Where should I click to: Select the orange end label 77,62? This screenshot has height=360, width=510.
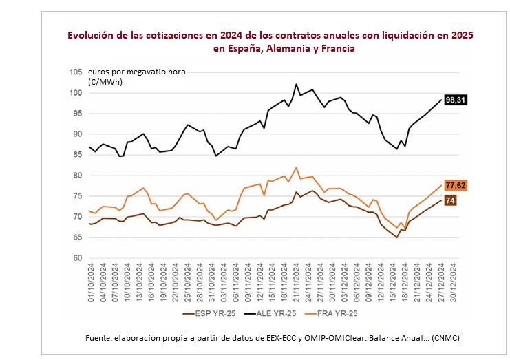point(456,185)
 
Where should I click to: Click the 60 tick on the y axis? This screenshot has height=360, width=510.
point(77,258)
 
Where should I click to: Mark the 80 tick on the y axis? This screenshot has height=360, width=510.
point(77,176)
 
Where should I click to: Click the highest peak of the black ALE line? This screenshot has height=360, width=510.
point(296,84)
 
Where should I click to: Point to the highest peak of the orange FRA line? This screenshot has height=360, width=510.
point(296,167)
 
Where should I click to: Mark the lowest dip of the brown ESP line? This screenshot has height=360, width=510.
point(397,237)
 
